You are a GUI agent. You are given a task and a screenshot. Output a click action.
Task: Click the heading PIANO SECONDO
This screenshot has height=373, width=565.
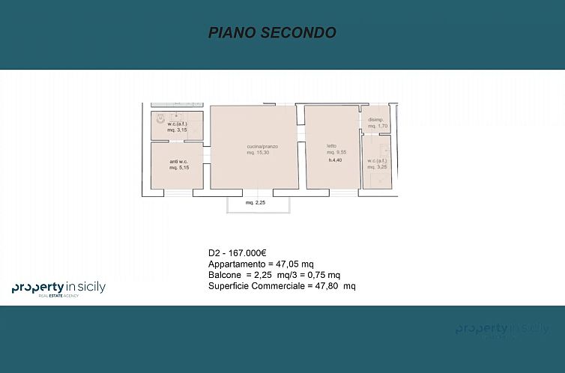click(x=271, y=33)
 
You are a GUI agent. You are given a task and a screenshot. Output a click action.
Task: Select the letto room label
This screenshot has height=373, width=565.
click(x=330, y=146)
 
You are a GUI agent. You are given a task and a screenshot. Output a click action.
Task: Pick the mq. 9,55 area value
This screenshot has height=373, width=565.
click(x=334, y=152)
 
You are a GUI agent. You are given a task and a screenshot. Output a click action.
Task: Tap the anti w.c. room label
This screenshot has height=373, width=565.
click(x=178, y=162)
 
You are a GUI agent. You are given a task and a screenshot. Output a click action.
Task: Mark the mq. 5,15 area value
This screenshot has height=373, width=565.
click(x=178, y=168)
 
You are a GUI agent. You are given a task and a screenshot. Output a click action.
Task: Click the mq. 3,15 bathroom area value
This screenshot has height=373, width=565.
click(x=177, y=130)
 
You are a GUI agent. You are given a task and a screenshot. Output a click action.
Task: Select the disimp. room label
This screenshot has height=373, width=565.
click(x=375, y=121)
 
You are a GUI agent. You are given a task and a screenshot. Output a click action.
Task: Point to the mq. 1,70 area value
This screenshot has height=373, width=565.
click(x=377, y=127)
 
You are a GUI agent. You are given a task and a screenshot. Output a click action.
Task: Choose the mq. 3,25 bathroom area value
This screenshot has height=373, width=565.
click(x=376, y=166)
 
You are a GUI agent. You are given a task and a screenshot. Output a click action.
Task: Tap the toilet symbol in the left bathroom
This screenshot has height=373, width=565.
click(x=160, y=118)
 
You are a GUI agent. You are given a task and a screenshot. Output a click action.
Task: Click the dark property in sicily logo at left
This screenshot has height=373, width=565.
click(x=58, y=288)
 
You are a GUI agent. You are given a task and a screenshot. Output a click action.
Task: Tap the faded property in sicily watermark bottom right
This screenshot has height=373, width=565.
click(x=502, y=330)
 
